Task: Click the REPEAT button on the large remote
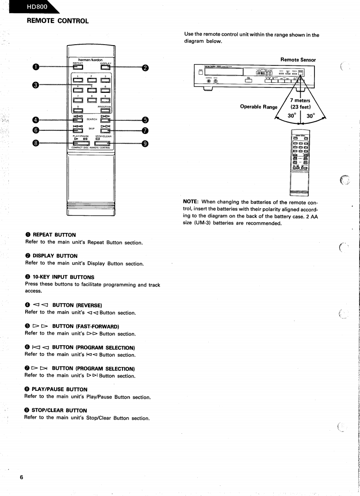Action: click(78, 68)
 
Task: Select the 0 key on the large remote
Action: click(78, 111)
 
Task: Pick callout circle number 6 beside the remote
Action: click(36, 130)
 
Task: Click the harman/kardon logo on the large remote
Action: click(91, 60)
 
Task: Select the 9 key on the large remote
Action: click(105, 101)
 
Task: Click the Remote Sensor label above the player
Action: click(298, 60)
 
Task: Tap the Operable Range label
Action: click(259, 107)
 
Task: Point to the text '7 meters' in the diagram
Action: click(300, 100)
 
